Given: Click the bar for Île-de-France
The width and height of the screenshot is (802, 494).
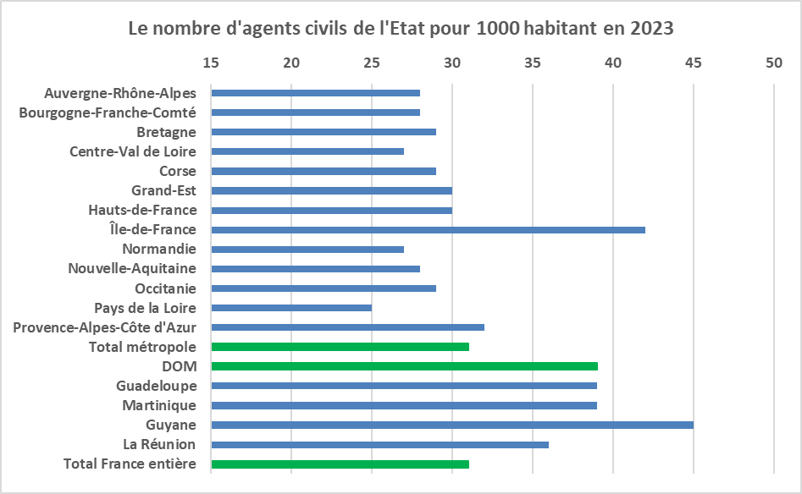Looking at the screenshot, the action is click(x=429, y=230).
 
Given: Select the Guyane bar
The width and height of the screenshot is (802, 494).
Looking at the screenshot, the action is click(x=452, y=425).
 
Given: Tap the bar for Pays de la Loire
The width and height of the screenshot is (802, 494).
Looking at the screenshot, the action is click(x=291, y=308).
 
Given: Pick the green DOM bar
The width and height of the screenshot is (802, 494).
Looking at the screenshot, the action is click(x=405, y=366).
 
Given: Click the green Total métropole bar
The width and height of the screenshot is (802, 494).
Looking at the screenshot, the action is click(x=340, y=347).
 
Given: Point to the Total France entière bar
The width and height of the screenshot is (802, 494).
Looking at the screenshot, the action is click(x=340, y=464).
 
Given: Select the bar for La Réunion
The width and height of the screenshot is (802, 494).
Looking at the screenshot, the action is click(x=380, y=445).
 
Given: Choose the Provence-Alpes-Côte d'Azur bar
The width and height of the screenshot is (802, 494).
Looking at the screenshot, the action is click(x=348, y=327).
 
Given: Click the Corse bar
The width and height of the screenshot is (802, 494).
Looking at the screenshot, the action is click(x=324, y=171).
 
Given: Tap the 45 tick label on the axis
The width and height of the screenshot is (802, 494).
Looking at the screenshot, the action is click(x=693, y=63).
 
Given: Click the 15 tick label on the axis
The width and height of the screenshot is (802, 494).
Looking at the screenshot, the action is click(x=211, y=63).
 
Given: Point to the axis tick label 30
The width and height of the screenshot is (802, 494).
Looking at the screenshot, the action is click(x=452, y=63).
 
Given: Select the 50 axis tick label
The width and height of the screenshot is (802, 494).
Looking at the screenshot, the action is click(x=774, y=63).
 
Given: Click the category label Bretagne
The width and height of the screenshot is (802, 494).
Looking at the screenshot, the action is click(x=166, y=132).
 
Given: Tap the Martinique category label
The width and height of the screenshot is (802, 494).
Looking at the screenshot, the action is click(x=159, y=406).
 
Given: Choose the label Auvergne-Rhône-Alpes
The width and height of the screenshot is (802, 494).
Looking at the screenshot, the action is click(x=120, y=94).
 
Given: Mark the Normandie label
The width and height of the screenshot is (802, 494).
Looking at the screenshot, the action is click(x=159, y=249).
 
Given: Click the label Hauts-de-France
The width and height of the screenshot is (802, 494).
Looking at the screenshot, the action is click(x=143, y=210).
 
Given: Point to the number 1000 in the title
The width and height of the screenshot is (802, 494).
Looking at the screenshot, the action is click(x=498, y=28).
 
